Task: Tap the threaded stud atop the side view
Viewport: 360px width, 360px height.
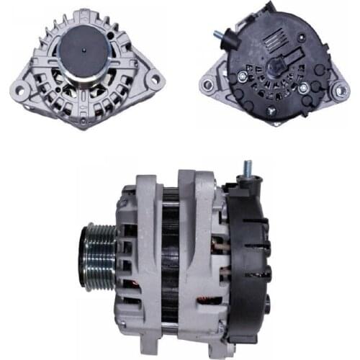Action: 247,170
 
